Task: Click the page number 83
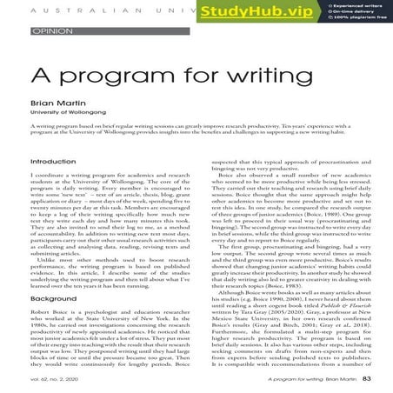[367, 379]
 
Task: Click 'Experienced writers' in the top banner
[351, 6]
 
